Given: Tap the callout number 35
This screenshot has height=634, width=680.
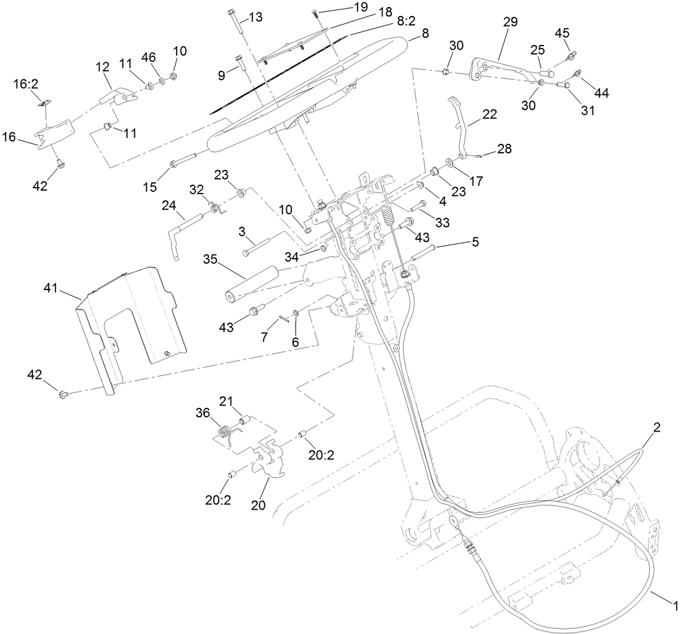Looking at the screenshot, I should [x=210, y=260].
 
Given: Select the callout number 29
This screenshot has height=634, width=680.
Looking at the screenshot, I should [x=510, y=22].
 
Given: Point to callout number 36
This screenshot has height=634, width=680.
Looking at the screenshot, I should [x=203, y=414].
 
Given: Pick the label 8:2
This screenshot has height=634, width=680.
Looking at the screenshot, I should [x=406, y=20].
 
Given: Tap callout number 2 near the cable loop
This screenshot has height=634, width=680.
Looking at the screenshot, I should [x=657, y=426].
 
